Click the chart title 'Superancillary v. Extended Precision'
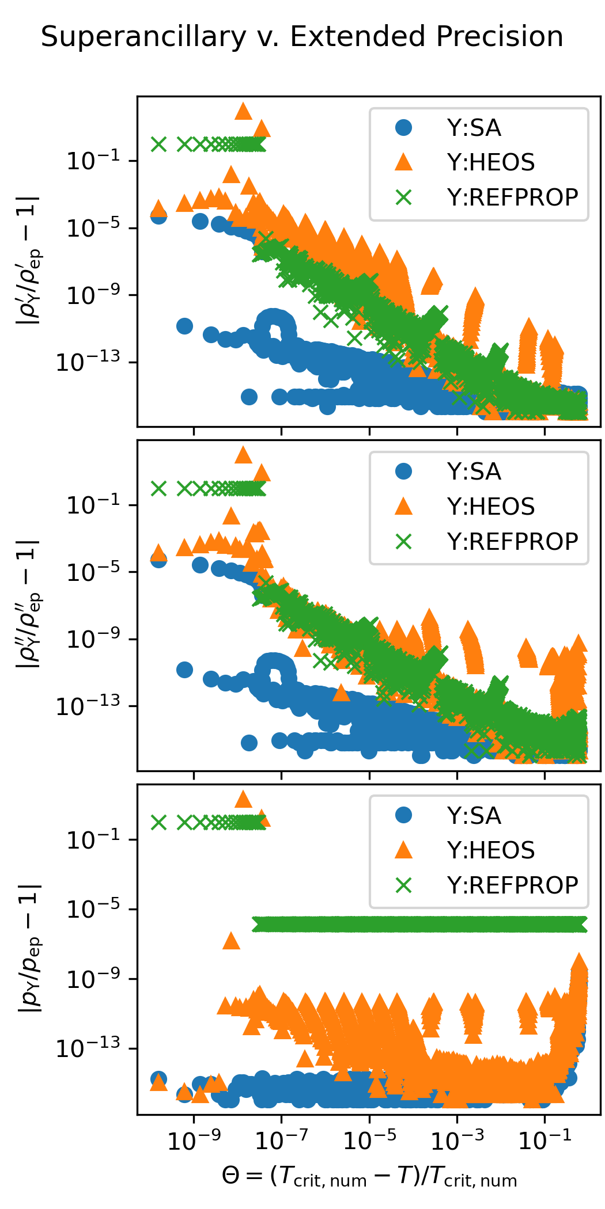pos(302,37)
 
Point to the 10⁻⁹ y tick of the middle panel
pos(93,639)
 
